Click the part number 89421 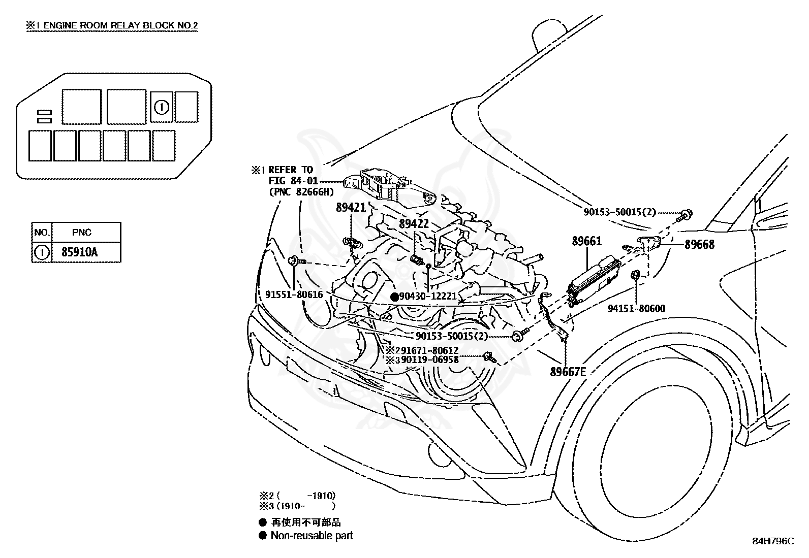(351, 208)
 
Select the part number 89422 (414, 224)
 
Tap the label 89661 (587, 241)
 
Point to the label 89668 (700, 244)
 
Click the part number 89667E (568, 372)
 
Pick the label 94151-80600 (636, 308)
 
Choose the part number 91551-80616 (294, 294)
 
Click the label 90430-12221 (428, 297)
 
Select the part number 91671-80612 (430, 350)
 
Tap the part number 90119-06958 (430, 359)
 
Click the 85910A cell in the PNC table (79, 252)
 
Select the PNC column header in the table (82, 232)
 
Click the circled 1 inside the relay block (162, 107)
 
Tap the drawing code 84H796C (773, 541)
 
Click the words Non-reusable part (312, 535)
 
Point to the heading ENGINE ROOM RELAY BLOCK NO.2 (120, 25)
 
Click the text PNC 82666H (301, 191)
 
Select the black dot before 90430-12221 (395, 297)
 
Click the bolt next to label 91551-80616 (298, 260)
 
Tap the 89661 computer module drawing (594, 281)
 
